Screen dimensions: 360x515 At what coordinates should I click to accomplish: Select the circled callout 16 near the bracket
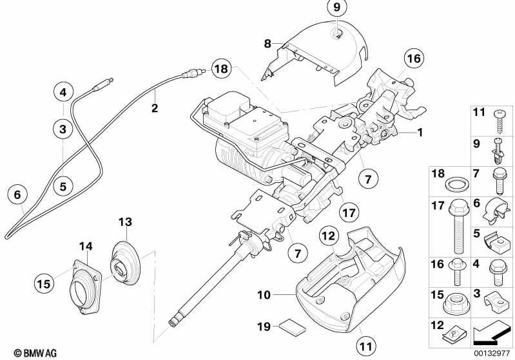click(x=413, y=59)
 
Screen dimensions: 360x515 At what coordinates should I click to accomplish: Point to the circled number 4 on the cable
click(x=63, y=93)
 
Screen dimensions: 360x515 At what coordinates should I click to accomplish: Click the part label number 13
click(x=124, y=222)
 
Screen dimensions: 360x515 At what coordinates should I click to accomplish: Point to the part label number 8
click(x=267, y=44)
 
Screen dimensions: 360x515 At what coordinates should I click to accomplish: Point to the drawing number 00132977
click(x=492, y=352)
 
